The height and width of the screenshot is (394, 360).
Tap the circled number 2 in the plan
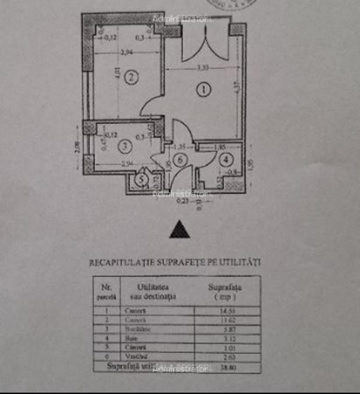point(131,77)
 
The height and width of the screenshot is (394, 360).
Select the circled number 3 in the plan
point(125,147)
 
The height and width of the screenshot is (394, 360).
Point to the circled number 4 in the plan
point(226,160)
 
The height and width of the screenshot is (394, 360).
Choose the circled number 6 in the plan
point(180,160)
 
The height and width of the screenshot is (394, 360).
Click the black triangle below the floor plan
point(180,230)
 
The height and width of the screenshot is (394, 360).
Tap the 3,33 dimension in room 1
point(202,68)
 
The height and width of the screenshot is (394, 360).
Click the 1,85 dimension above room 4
point(220,148)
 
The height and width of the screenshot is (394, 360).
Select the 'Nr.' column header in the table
point(106,288)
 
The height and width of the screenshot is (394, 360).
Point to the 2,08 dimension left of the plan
point(78,147)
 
